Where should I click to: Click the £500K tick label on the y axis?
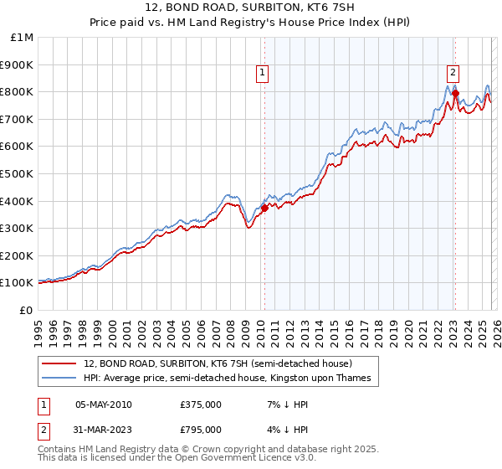(x=17, y=173)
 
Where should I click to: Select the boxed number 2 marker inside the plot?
(x=453, y=73)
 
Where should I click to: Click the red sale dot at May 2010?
(x=264, y=208)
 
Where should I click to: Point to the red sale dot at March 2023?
(x=455, y=93)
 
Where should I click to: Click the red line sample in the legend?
(x=59, y=363)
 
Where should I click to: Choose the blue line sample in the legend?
(x=59, y=379)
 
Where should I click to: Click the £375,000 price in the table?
(x=201, y=405)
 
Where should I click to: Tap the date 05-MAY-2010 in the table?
(x=104, y=405)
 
